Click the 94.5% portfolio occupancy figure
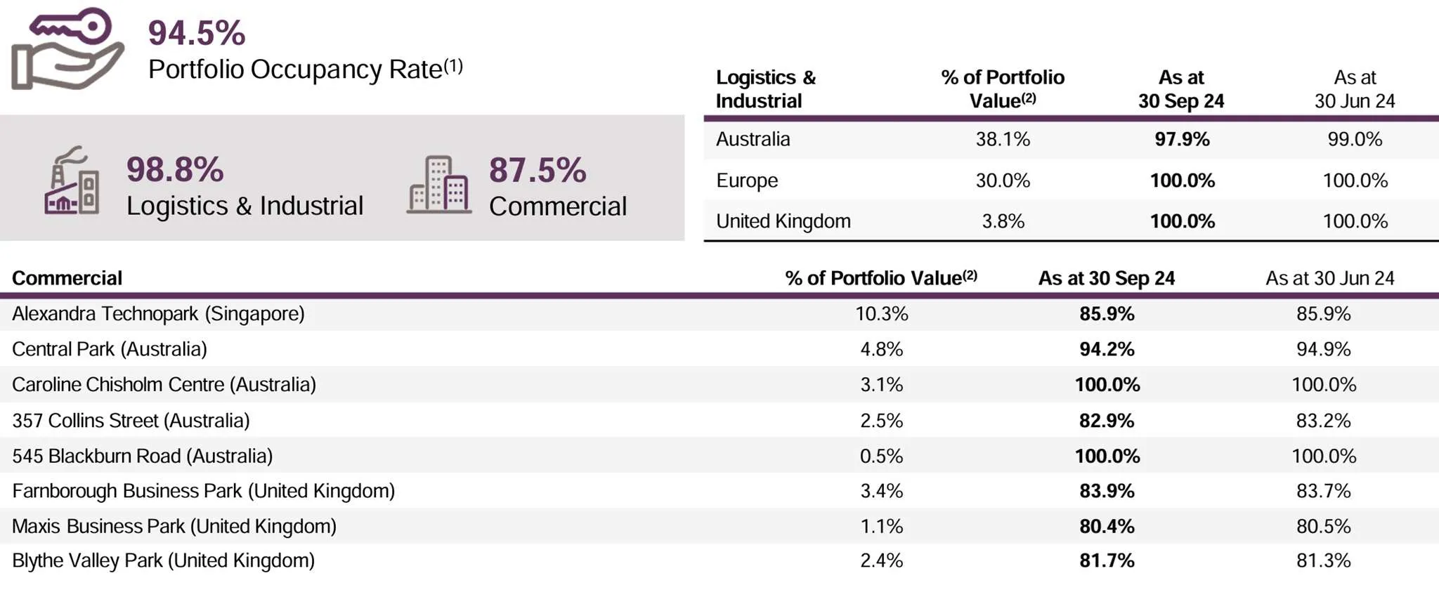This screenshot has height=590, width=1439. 197,33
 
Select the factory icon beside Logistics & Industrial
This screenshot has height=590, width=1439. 72,181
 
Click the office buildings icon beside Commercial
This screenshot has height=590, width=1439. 438,185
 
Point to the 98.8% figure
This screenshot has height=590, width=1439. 175,170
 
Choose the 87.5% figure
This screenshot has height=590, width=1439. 538,171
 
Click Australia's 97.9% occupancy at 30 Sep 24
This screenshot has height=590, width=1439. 1182,139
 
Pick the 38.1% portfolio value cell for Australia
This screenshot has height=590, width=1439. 1003,139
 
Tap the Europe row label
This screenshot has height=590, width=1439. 747,181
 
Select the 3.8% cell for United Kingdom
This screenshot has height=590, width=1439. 1003,221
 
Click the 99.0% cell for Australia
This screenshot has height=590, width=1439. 1355,139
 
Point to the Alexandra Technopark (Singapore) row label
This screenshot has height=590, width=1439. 158,313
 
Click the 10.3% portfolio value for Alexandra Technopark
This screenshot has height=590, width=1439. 881,314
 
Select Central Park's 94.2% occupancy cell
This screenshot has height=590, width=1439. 1107,349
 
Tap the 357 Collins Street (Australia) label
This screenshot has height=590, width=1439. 131,421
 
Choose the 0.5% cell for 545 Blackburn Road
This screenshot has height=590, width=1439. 881,456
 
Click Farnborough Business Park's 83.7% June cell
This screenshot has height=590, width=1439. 1323,491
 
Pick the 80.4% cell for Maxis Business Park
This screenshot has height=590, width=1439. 1107,526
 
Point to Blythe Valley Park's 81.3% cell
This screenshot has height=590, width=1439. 1323,560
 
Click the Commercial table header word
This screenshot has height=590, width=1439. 67,278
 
